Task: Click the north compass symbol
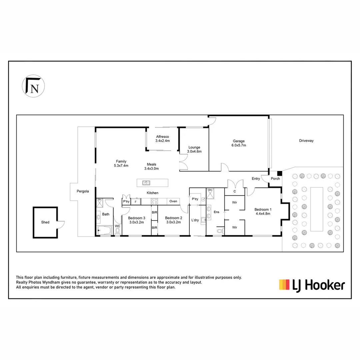tap(33, 86)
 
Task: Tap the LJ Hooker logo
tap(312, 285)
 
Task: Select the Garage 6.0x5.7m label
tap(239, 143)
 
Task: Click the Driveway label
tap(306, 141)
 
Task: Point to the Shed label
tap(45, 222)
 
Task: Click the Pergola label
tap(83, 191)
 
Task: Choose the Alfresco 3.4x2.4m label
tap(162, 139)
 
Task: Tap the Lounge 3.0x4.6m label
tap(194, 149)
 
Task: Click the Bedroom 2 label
tap(173, 220)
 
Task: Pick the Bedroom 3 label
tap(136, 220)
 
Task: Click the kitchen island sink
tap(146, 183)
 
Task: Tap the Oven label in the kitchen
tap(173, 201)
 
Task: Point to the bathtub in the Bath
tap(105, 230)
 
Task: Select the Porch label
tap(275, 179)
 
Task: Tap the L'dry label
tap(195, 220)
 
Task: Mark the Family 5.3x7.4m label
tap(121, 163)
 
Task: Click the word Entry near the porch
tap(256, 179)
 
